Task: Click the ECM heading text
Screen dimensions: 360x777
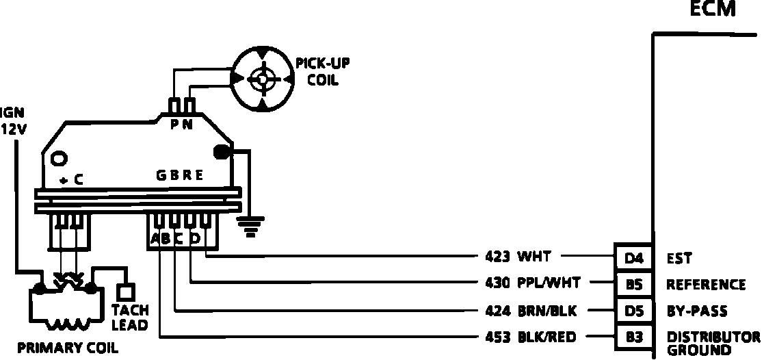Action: click(713, 10)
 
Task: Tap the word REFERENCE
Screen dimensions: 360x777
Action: click(705, 285)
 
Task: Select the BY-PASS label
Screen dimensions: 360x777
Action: click(696, 311)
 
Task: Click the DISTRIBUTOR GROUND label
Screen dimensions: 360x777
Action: click(713, 343)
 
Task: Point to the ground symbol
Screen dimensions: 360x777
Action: click(252, 225)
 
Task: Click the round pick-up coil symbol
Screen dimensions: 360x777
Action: click(262, 79)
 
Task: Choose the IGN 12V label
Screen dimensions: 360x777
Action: click(13, 121)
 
